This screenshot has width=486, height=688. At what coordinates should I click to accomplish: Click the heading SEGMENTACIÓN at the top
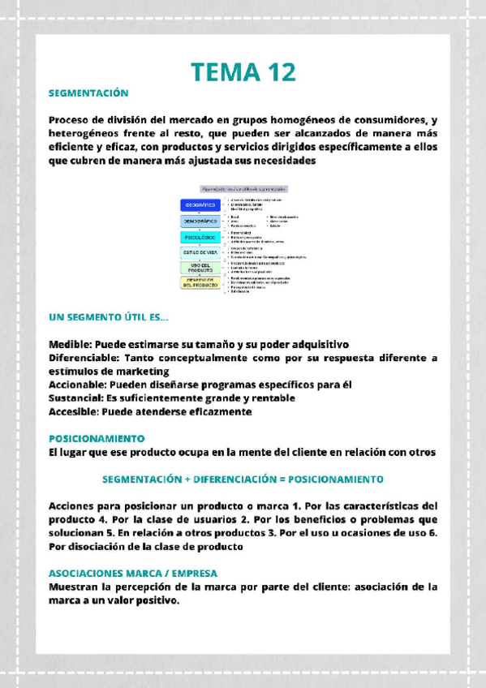point(88,93)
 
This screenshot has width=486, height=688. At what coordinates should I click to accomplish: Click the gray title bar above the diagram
point(244,189)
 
